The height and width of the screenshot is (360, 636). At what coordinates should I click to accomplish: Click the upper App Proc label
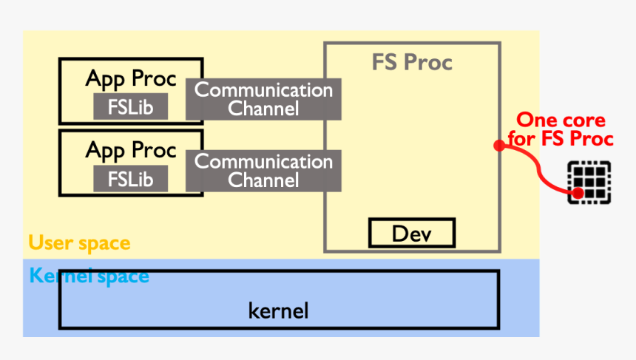click(x=131, y=78)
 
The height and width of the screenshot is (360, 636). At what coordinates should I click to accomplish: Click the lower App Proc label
click(x=131, y=150)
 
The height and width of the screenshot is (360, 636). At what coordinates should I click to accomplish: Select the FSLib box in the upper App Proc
click(x=130, y=106)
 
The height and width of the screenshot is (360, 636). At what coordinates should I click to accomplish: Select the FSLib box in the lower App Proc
click(x=130, y=178)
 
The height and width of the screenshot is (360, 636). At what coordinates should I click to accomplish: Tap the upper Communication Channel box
click(x=263, y=99)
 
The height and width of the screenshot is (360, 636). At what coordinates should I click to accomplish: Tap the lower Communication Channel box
click(x=263, y=171)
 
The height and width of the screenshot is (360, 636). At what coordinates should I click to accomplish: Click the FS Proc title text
click(x=411, y=63)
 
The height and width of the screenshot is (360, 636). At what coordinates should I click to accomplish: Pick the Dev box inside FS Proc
click(x=411, y=234)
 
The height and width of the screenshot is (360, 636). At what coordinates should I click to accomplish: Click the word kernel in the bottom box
click(x=278, y=310)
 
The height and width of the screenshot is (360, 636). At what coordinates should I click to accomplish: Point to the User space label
click(x=79, y=242)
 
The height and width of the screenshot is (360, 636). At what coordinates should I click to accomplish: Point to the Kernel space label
click(x=89, y=276)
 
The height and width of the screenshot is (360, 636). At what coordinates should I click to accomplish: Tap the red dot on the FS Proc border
click(x=499, y=146)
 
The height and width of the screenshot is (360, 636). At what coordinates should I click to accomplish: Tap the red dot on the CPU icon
click(x=578, y=194)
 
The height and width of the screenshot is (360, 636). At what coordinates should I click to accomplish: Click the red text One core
click(x=560, y=120)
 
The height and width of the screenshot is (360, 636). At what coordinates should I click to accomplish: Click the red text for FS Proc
click(x=560, y=139)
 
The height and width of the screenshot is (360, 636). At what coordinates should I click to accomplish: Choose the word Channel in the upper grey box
click(x=263, y=109)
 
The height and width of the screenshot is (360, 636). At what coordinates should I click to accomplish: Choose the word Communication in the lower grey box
click(x=263, y=161)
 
